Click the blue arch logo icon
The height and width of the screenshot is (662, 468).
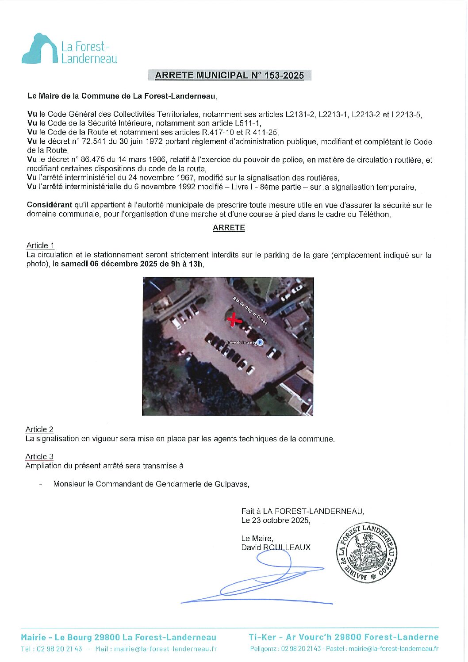pyautogui.click(x=39, y=49)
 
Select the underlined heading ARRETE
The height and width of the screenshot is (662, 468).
pyautogui.click(x=229, y=228)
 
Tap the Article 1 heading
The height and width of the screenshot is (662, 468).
pyautogui.click(x=40, y=245)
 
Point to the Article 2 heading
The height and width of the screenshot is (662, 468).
pyautogui.click(x=39, y=429)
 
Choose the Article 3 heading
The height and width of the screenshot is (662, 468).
pyautogui.click(x=39, y=456)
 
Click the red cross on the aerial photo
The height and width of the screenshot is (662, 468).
pyautogui.click(x=234, y=319)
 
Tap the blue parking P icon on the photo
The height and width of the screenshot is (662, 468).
pyautogui.click(x=260, y=342)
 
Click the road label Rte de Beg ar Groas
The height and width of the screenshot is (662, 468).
pyautogui.click(x=250, y=311)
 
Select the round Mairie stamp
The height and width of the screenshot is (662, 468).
pyautogui.click(x=367, y=553)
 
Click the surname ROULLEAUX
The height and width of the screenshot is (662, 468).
pyautogui.click(x=287, y=547)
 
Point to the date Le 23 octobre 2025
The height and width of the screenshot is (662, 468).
pyautogui.click(x=276, y=520)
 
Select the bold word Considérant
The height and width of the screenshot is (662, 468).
pyautogui.click(x=50, y=205)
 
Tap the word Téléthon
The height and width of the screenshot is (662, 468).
pyautogui.click(x=375, y=214)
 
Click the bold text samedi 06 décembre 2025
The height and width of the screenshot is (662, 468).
pyautogui.click(x=109, y=264)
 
